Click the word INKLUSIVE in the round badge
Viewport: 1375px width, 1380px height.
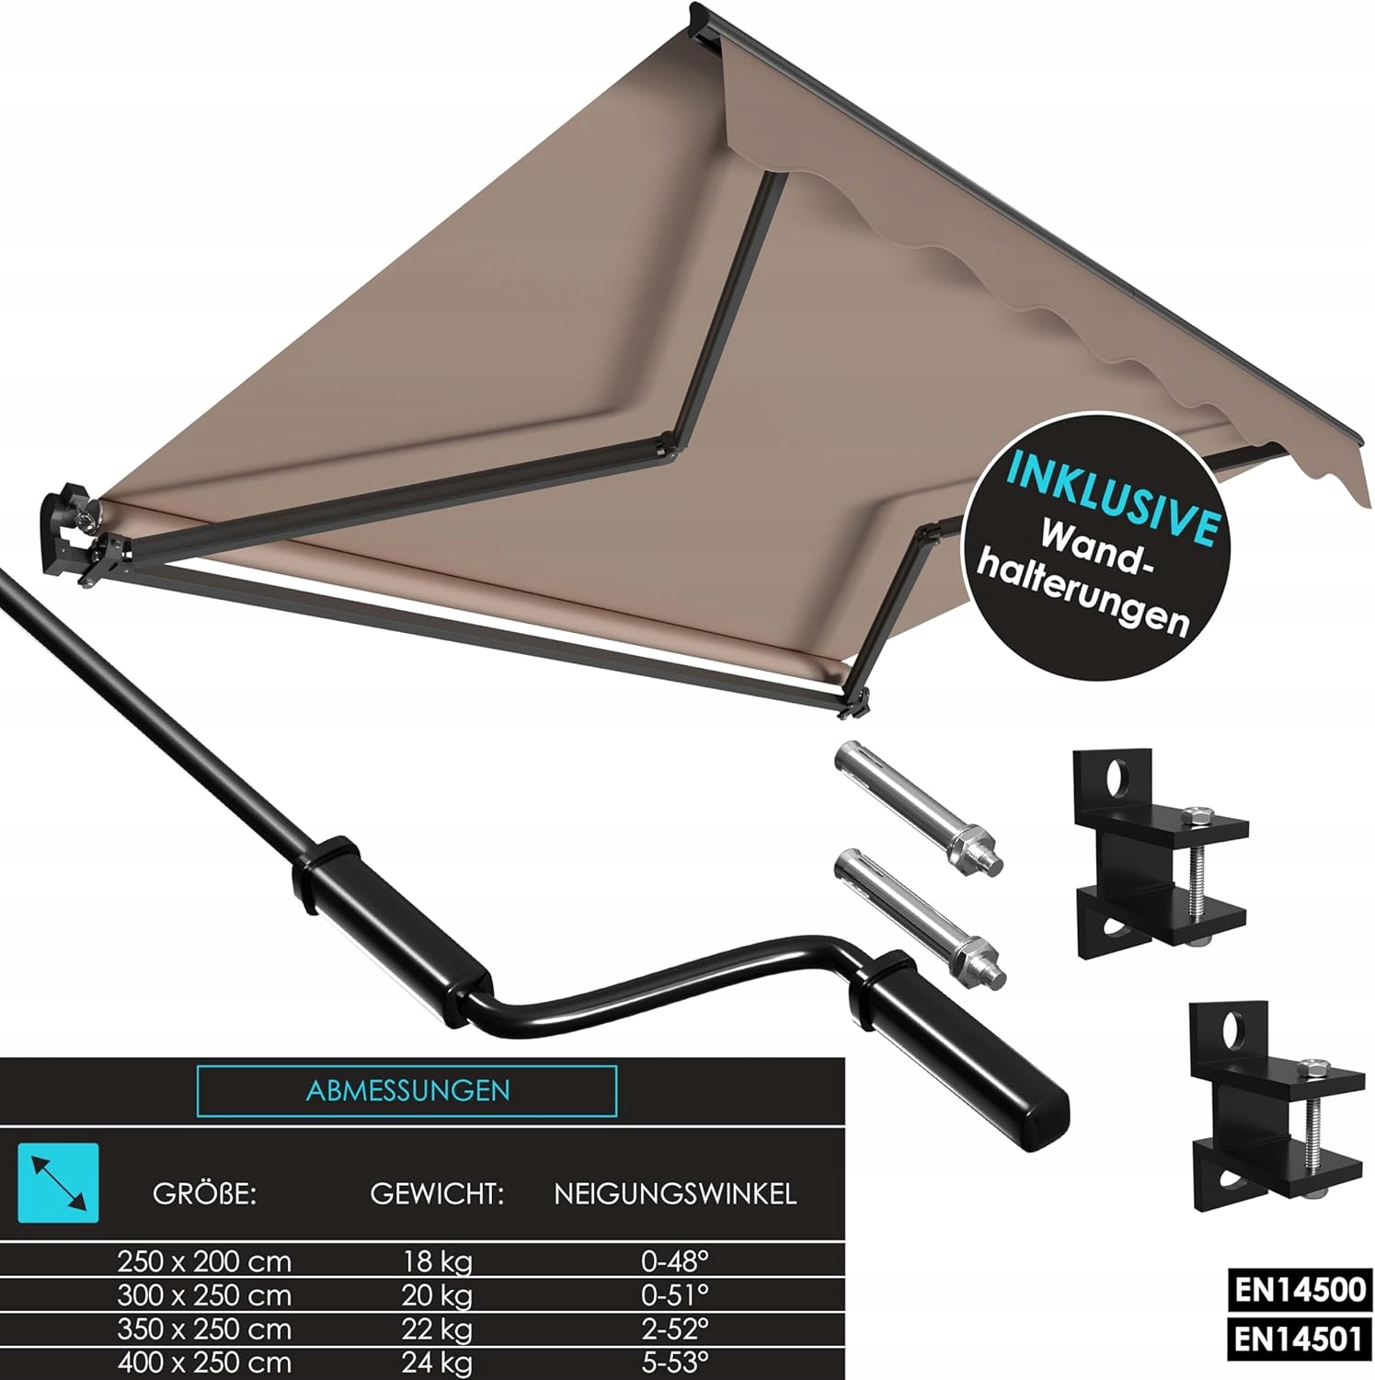(1114, 497)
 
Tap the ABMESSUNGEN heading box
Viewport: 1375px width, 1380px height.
(407, 1091)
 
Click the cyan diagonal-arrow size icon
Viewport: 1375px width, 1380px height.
(59, 1182)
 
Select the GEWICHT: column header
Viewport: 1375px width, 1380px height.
(437, 1194)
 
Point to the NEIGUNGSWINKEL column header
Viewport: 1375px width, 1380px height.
(675, 1194)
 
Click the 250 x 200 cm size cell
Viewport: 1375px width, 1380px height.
(204, 1260)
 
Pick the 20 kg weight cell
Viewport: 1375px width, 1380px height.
(437, 1295)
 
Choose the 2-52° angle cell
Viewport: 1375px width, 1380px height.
(675, 1328)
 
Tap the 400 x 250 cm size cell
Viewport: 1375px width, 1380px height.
(204, 1363)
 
